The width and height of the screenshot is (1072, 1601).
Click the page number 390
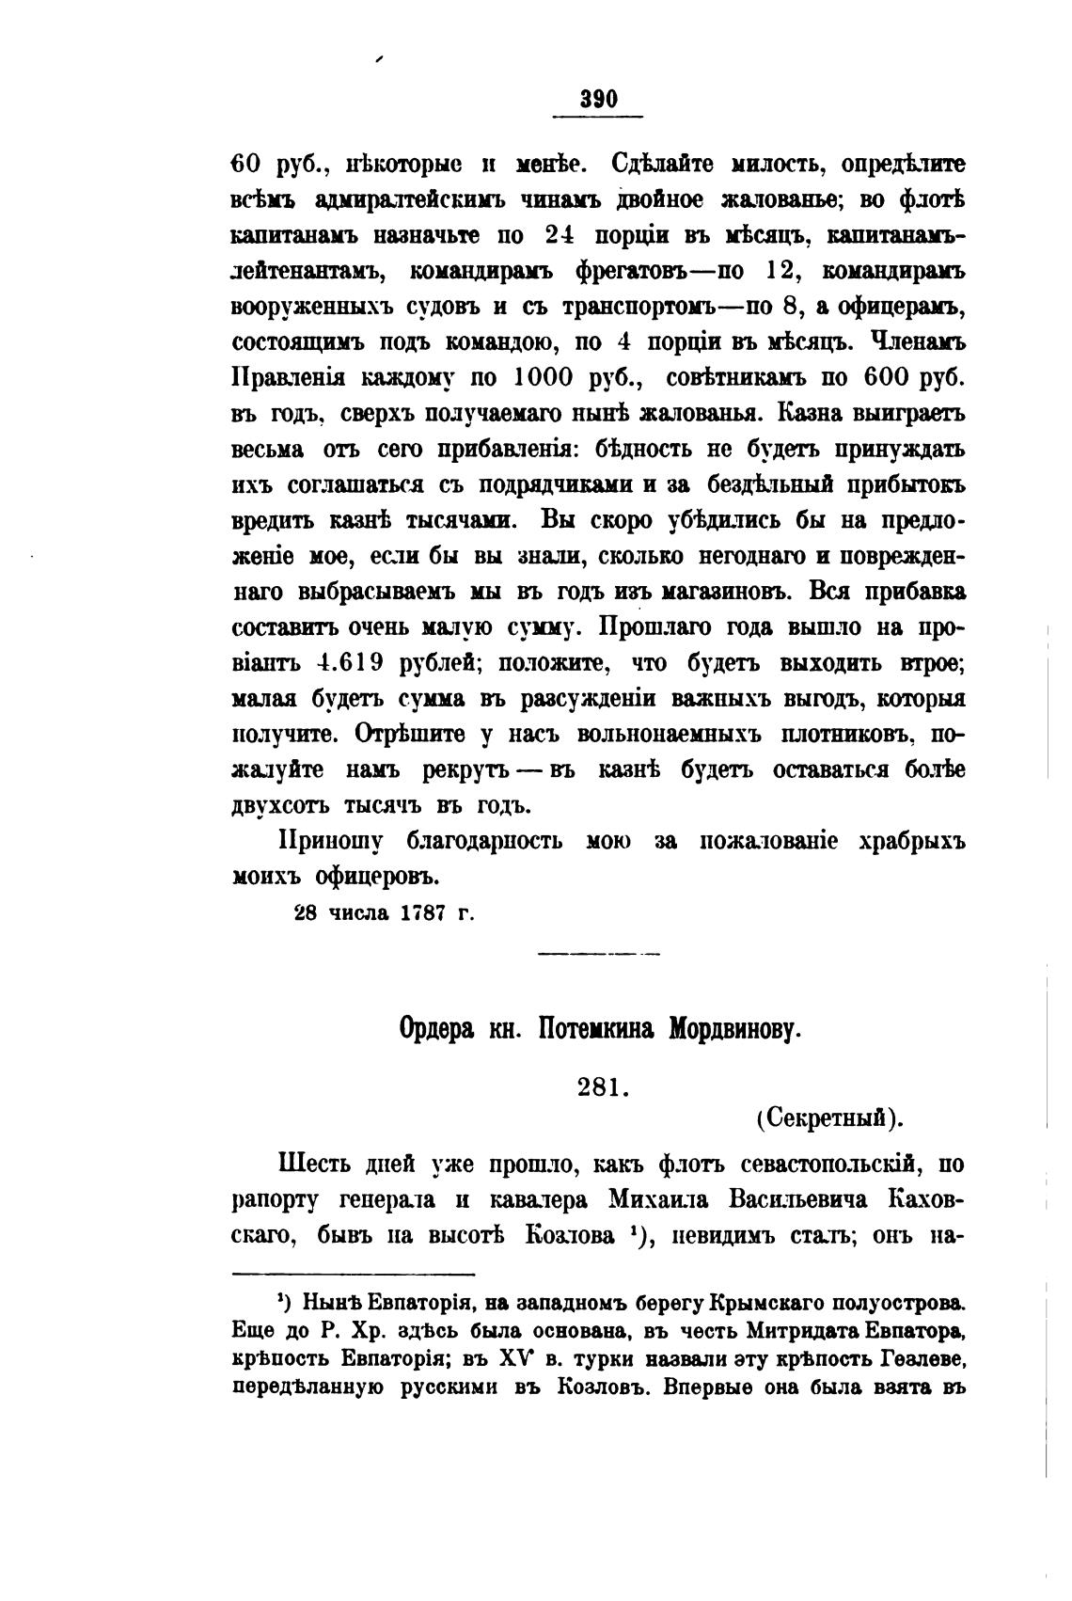click(x=598, y=99)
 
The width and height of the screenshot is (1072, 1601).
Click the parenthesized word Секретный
click(x=828, y=1118)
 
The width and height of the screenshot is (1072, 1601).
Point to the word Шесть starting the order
click(x=316, y=1165)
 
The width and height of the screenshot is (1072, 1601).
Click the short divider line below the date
click(x=598, y=955)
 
